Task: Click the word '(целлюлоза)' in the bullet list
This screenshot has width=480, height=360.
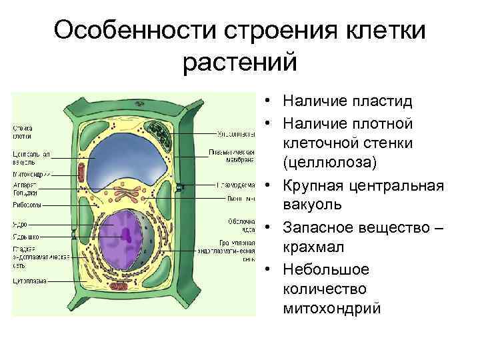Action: (329, 163)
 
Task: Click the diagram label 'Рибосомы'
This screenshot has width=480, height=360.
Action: (27, 205)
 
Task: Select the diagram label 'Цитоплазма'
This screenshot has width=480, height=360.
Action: (29, 281)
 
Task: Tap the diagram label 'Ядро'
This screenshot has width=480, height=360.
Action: (19, 225)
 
